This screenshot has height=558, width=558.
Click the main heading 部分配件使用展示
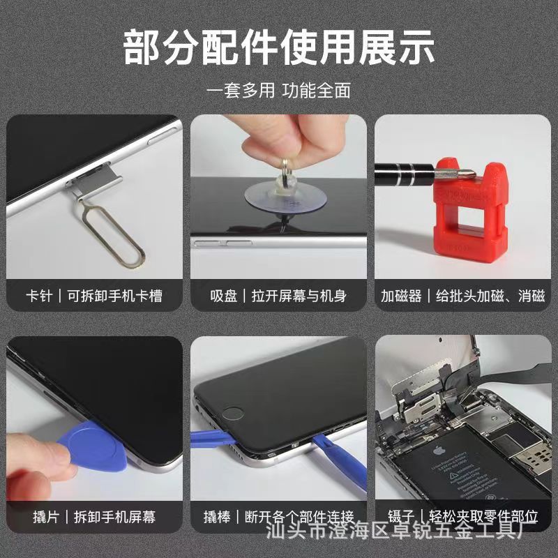[x=279, y=47]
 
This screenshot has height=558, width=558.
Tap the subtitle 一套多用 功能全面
[x=279, y=91]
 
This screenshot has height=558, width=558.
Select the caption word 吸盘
[x=223, y=296]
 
